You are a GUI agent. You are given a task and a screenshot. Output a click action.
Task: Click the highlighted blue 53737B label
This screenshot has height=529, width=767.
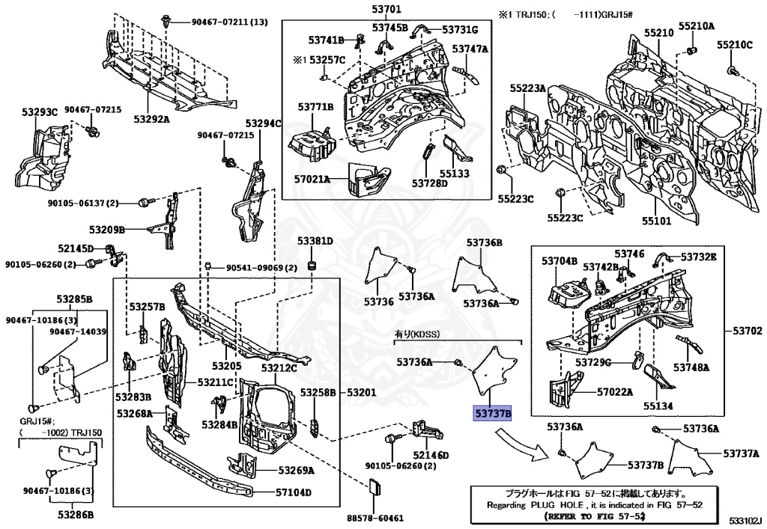pos(491,413)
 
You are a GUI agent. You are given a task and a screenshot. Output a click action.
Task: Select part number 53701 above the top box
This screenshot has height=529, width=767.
pos(386,10)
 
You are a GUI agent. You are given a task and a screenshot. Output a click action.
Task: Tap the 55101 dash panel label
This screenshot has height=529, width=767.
pos(656,221)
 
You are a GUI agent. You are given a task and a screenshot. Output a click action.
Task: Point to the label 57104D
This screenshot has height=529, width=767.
pos(293,493)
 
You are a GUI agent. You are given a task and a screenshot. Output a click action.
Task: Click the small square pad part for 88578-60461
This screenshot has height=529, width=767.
pos(375,489)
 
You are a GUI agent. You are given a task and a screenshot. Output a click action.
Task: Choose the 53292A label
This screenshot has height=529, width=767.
pos(152,118)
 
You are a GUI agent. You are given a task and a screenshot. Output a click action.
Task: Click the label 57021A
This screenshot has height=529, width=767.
pos(312,180)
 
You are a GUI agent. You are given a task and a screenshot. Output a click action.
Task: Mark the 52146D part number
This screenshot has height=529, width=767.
pos(430,456)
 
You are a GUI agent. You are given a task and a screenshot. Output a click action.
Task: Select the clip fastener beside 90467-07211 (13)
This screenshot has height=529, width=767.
pos(166,23)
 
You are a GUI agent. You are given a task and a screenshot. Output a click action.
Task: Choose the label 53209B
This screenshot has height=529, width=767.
pos(106,229)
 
